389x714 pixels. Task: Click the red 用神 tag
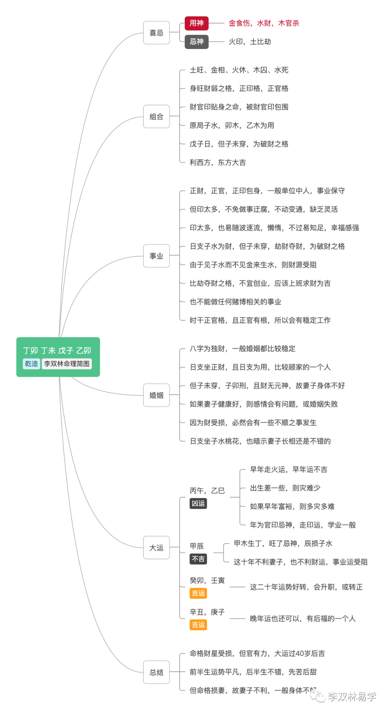click(x=196, y=23)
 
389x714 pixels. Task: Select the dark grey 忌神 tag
click(x=196, y=42)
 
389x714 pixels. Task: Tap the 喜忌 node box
click(x=156, y=33)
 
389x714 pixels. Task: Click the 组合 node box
click(x=156, y=117)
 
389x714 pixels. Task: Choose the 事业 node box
click(x=156, y=256)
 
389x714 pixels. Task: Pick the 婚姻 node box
click(x=156, y=395)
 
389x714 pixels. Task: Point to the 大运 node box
click(x=156, y=548)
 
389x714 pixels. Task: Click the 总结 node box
click(x=156, y=672)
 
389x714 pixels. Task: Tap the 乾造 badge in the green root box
click(x=31, y=364)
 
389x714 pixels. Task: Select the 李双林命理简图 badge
click(x=67, y=364)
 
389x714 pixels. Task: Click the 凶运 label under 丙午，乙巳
click(x=198, y=503)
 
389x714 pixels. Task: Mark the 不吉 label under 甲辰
click(x=198, y=559)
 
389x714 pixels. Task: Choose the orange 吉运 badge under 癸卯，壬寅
click(x=198, y=593)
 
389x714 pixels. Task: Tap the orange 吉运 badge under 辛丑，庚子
click(x=198, y=625)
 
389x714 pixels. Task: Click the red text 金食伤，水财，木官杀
click(x=264, y=23)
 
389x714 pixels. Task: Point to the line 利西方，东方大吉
click(x=218, y=162)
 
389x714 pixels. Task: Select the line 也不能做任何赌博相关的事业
click(x=235, y=302)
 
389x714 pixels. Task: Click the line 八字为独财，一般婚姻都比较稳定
click(x=242, y=349)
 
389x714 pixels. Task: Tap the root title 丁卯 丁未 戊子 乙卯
click(x=57, y=350)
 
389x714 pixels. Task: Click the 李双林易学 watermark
click(x=351, y=696)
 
